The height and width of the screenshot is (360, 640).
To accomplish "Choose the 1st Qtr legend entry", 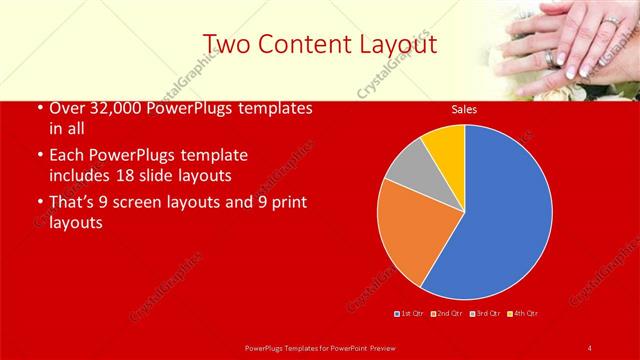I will tap(410, 314).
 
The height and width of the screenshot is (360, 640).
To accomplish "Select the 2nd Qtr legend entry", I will tap(446, 314).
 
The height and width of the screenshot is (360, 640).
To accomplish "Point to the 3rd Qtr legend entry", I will tap(486, 314).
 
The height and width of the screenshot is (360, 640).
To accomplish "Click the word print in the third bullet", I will tap(287, 202).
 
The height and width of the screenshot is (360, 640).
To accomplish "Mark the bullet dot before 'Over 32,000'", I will tap(38, 108).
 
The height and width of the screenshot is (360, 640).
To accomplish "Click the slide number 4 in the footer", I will tap(590, 347).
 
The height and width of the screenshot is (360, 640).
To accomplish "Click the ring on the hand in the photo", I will tap(552, 57).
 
